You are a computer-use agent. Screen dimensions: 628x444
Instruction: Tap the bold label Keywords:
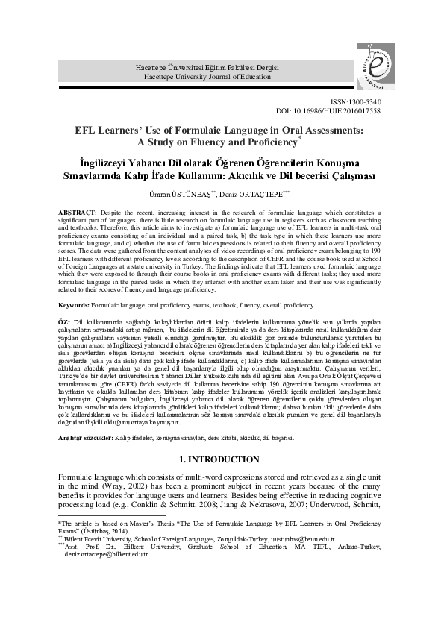pyautogui.click(x=76, y=305)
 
